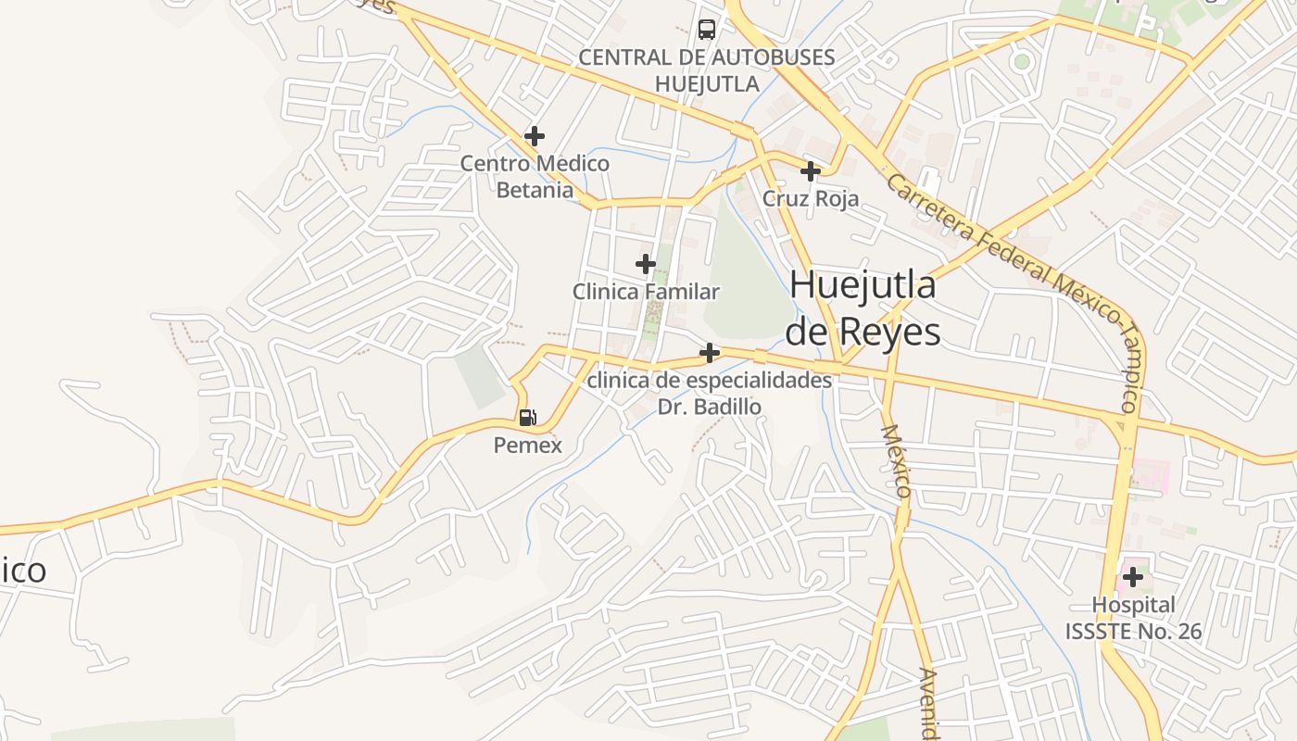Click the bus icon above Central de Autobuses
(707, 30)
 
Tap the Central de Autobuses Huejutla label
(707, 70)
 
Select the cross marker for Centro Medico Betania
(535, 136)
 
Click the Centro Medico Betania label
(535, 177)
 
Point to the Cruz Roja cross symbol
(811, 171)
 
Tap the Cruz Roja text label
(811, 198)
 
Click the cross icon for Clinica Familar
(646, 265)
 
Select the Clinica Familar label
(646, 292)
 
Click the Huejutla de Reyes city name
(863, 308)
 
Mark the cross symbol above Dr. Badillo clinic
(710, 353)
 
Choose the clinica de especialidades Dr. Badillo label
(710, 394)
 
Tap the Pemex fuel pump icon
(527, 418)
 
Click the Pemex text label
(527, 446)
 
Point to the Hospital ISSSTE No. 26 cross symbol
(1132, 578)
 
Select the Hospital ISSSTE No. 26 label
(1133, 619)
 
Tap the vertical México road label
(897, 461)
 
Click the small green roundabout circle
(1022, 62)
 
